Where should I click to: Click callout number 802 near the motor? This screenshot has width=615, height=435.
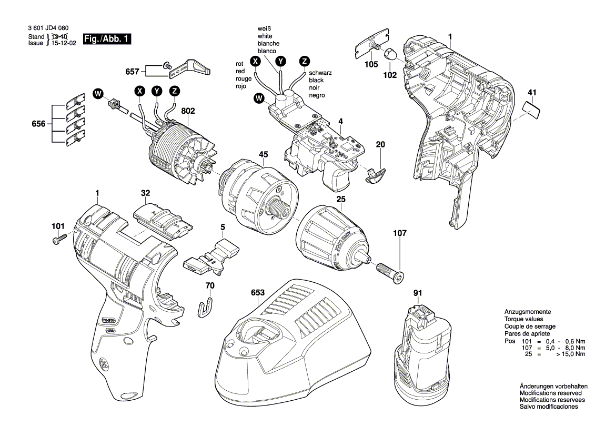coord(188,111)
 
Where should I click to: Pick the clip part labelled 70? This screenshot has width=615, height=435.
coord(207,307)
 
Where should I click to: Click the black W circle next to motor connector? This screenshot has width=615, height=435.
coord(97,94)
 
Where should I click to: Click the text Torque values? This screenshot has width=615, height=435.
coord(523,319)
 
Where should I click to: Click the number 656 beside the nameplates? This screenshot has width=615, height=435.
coord(38,124)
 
